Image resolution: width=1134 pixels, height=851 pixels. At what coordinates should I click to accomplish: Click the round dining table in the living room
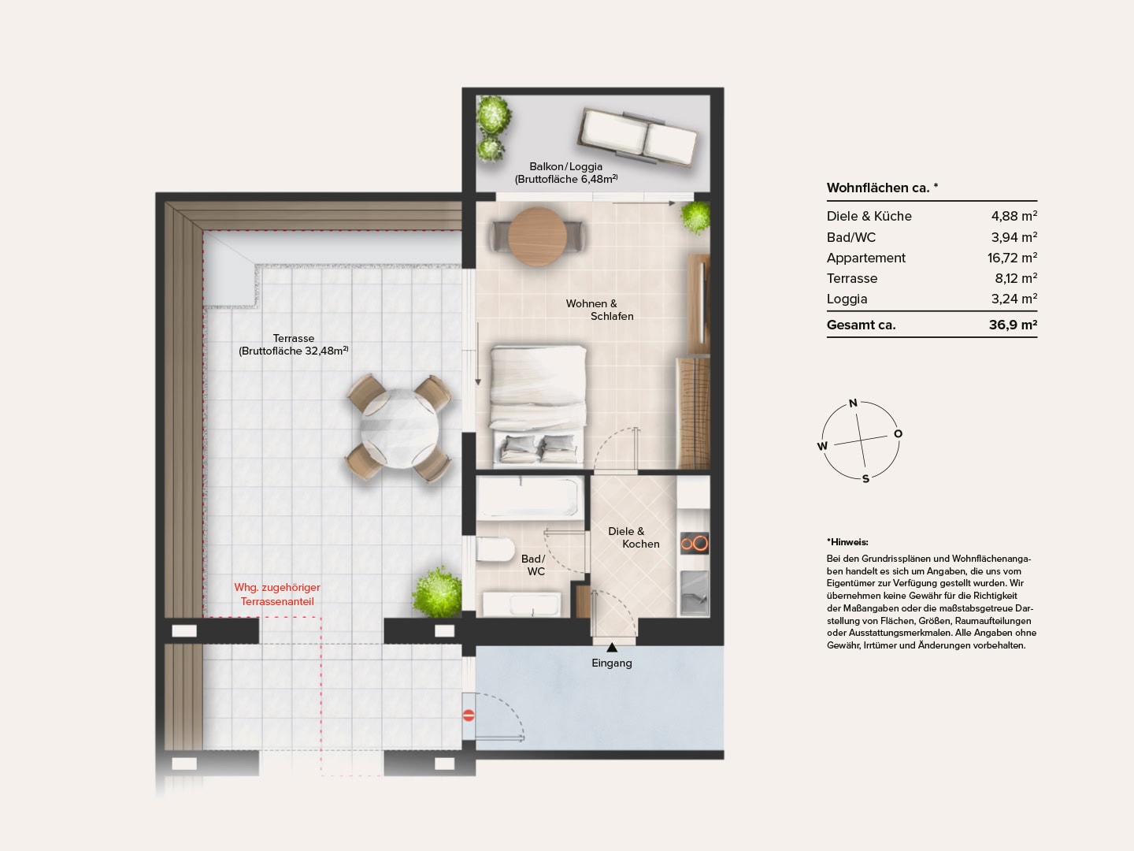click(537, 236)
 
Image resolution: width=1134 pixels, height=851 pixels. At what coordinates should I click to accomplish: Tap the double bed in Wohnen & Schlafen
click(538, 404)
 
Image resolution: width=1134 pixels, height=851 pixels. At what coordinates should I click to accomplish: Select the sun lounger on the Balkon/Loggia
click(637, 136)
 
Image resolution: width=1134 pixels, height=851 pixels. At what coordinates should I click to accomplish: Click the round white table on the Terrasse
click(398, 429)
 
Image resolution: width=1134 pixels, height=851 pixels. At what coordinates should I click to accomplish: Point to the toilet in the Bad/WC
click(494, 549)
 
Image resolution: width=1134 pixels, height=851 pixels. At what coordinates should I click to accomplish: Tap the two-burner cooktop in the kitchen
click(694, 543)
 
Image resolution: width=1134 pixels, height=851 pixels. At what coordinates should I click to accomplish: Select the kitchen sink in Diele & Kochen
click(694, 593)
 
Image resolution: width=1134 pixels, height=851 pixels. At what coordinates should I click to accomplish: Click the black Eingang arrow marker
click(612, 647)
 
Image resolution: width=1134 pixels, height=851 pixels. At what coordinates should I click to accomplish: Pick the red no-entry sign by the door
click(469, 715)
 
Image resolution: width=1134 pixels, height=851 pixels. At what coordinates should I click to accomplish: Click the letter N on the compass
click(853, 403)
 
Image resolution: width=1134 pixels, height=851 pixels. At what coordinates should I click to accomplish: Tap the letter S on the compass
click(866, 479)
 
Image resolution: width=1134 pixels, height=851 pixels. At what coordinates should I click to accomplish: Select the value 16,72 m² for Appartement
click(1012, 258)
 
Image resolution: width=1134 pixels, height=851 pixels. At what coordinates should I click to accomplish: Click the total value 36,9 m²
click(1013, 325)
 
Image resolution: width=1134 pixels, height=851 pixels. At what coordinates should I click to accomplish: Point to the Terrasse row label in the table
click(852, 278)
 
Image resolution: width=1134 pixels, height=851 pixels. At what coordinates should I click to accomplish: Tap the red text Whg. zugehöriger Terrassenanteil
click(277, 594)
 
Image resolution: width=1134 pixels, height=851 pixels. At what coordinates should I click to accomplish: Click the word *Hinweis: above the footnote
click(847, 542)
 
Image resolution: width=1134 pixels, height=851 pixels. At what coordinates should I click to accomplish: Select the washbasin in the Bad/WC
click(522, 604)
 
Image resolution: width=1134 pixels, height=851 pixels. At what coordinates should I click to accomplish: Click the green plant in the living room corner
click(695, 217)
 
